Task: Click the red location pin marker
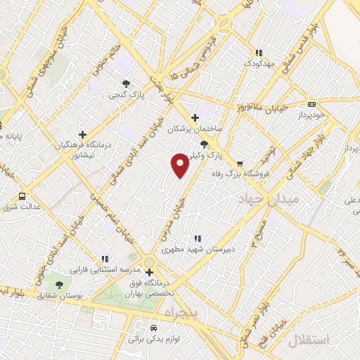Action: [180, 165]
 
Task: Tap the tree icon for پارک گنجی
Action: [126, 83]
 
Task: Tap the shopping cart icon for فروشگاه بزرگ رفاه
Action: [240, 164]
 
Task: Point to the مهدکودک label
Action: [259, 63]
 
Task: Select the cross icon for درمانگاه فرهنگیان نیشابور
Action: [83, 134]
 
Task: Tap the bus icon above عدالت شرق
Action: [22, 196]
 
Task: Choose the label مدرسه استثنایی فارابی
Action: [98, 269]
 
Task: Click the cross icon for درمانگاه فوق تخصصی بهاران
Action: [148, 273]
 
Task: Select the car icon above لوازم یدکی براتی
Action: [154, 328]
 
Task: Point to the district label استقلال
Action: [308, 340]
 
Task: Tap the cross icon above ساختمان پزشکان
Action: [195, 117]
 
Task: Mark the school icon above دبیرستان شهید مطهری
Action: [198, 238]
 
